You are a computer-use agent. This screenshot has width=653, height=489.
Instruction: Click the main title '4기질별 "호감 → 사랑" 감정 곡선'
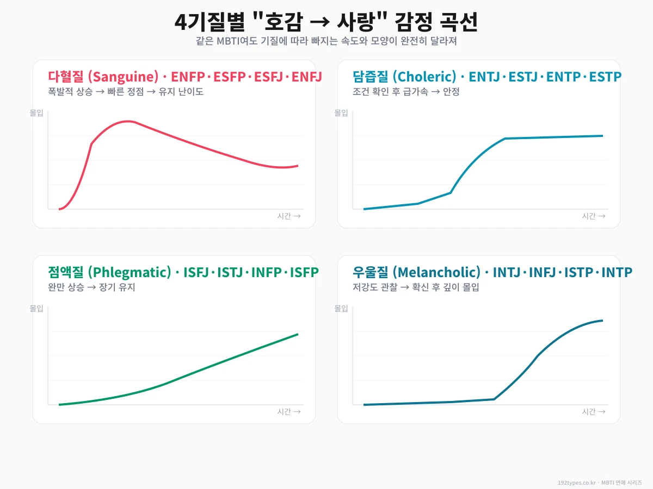(326, 23)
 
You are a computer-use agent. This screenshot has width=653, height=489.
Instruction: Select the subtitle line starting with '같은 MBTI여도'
(326, 41)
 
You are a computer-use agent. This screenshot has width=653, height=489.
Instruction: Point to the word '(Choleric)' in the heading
(424, 77)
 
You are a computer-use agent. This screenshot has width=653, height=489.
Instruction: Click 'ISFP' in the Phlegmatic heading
(304, 272)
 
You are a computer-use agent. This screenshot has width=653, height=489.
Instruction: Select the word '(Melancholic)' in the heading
(436, 272)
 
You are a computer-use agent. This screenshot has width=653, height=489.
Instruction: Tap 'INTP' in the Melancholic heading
(617, 272)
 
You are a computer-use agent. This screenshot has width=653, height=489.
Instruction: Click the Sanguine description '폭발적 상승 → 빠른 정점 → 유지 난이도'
(126, 92)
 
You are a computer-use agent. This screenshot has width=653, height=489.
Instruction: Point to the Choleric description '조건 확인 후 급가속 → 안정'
(406, 92)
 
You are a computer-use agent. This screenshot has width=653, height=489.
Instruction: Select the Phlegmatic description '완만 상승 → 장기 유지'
(91, 287)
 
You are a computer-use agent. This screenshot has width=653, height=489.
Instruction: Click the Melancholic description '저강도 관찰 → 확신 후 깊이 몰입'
(416, 287)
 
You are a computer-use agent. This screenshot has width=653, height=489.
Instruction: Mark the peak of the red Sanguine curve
(128, 121)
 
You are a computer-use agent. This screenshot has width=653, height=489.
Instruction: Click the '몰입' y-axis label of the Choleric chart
(341, 113)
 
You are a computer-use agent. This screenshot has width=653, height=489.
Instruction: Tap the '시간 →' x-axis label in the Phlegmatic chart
(289, 412)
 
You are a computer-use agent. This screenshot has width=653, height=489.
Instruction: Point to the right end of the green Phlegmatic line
(298, 334)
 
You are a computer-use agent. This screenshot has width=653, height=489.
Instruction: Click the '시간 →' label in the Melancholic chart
(594, 412)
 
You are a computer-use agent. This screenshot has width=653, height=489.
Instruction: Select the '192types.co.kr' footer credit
(577, 482)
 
